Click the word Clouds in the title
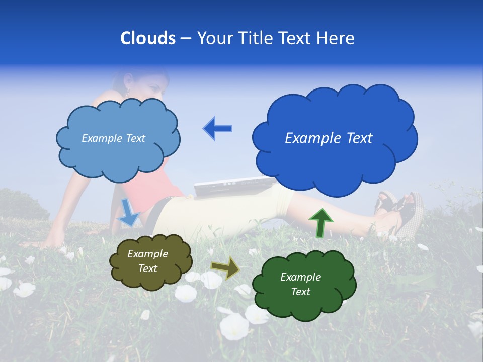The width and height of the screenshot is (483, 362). [x=148, y=38]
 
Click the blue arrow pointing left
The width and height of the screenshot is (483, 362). [x=218, y=129]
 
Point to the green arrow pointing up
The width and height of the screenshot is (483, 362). [x=320, y=223]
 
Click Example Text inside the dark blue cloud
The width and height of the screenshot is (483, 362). [x=329, y=138]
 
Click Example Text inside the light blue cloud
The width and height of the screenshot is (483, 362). [x=113, y=138]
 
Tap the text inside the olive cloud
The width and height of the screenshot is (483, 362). [x=148, y=261]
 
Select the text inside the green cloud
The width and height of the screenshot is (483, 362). [x=300, y=284]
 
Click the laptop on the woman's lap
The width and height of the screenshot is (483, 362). [x=226, y=188]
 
